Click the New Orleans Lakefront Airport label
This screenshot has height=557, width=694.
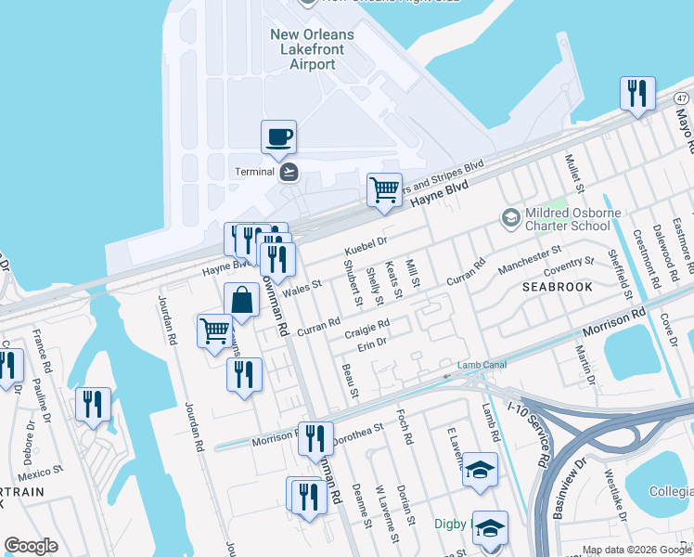click(x=311, y=49)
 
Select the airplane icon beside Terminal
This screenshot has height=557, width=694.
click(x=289, y=171)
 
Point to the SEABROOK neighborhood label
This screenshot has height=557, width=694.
click(x=557, y=288)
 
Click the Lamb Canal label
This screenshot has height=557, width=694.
click(x=482, y=365)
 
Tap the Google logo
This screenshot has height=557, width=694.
click(x=31, y=546)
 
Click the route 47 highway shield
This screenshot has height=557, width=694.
click(x=682, y=97)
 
